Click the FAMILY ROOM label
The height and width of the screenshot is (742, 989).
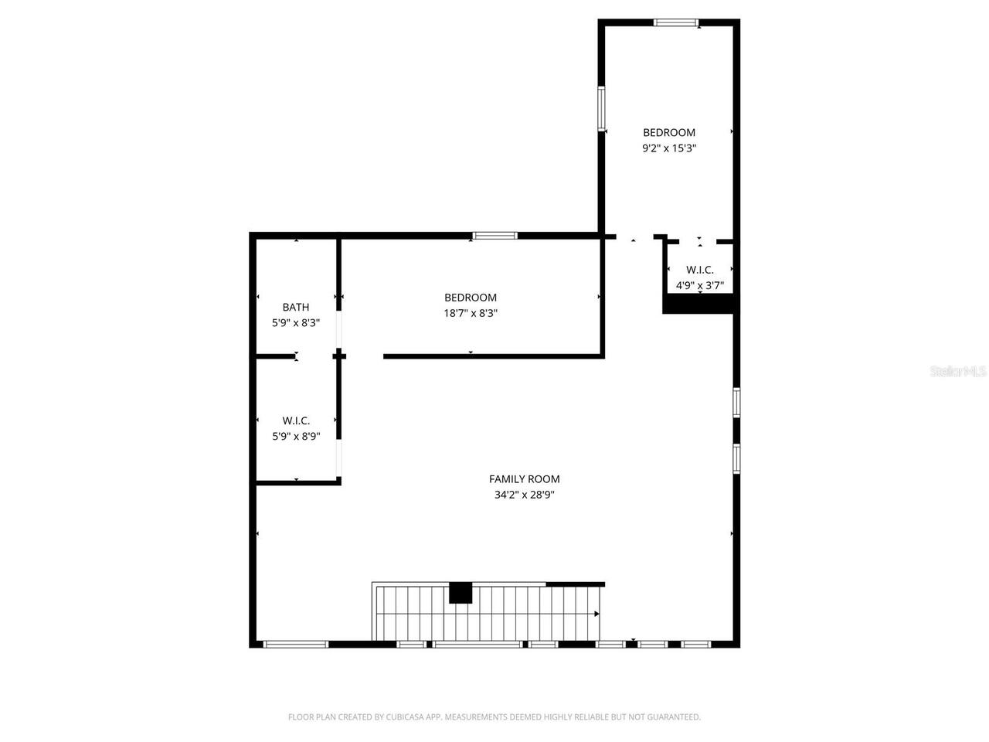[x=524, y=479]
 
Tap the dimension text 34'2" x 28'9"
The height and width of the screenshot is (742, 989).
[x=524, y=495]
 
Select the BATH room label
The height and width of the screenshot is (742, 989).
[x=295, y=307]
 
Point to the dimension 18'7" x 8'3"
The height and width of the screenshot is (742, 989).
[x=470, y=314]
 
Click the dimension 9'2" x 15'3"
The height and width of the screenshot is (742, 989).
[x=669, y=148]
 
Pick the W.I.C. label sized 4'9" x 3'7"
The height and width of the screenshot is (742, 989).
[x=700, y=270]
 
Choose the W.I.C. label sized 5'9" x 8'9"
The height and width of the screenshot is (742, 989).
[x=295, y=420]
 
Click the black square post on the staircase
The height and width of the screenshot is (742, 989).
[x=461, y=592]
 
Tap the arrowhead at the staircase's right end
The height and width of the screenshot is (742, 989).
[x=596, y=614]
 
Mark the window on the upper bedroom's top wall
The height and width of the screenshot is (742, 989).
[x=676, y=22]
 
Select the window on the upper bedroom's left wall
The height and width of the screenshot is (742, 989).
[x=601, y=107]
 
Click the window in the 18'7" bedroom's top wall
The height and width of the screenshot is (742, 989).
[x=495, y=236]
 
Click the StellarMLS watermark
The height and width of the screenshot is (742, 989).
[x=957, y=372]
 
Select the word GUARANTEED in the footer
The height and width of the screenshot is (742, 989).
[x=675, y=717]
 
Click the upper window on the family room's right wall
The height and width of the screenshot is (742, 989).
[x=736, y=402]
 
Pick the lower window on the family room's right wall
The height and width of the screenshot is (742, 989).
[x=736, y=458]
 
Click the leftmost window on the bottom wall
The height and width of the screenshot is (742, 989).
[x=296, y=644]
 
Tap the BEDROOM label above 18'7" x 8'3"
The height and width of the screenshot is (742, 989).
[x=470, y=298]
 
